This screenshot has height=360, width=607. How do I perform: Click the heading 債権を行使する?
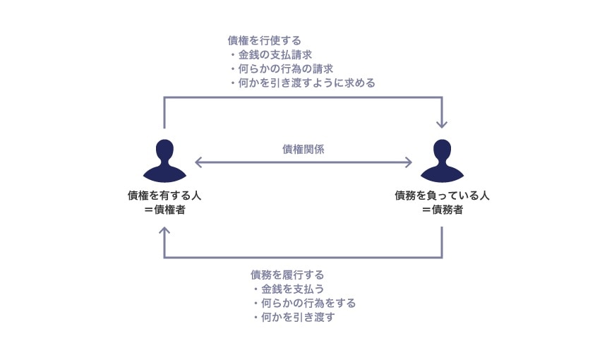(264, 40)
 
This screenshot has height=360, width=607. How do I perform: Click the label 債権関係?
(303, 148)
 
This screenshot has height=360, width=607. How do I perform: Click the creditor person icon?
(164, 161)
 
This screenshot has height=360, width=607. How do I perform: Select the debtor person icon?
(442, 161)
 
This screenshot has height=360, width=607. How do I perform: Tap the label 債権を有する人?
(164, 196)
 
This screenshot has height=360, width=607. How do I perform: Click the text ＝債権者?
(164, 210)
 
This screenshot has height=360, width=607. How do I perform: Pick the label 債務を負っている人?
(442, 196)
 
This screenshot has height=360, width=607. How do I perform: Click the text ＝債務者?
(442, 210)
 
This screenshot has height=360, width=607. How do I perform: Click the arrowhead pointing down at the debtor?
(442, 124)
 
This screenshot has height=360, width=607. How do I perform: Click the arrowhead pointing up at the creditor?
(164, 231)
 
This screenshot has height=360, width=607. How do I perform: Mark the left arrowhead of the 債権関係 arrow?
(198, 162)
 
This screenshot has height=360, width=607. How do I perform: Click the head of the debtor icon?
(442, 150)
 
